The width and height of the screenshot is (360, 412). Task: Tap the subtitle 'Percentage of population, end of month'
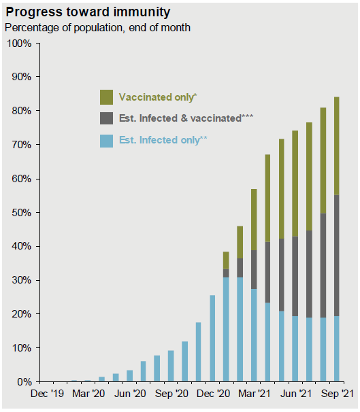(97, 28)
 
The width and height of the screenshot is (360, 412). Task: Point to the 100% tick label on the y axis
(19, 44)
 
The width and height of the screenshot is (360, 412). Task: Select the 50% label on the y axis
(22, 213)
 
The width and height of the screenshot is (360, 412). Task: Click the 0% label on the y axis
(24, 382)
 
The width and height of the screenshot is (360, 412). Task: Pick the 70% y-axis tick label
(22, 145)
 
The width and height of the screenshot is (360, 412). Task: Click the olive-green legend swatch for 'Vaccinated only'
(106, 97)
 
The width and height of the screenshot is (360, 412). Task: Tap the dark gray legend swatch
(106, 118)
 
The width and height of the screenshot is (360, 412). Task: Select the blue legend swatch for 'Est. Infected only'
(106, 141)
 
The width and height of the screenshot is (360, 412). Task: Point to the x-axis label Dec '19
(47, 394)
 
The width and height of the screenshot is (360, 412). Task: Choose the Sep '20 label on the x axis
(171, 394)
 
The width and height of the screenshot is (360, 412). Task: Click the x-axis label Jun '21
(296, 394)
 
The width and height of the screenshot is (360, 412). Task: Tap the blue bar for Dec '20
(212, 338)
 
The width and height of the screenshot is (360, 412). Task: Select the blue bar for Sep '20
(171, 366)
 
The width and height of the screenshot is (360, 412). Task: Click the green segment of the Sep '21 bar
(336, 145)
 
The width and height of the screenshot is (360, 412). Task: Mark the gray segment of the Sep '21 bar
(336, 256)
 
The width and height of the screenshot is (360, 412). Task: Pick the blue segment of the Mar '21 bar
(254, 335)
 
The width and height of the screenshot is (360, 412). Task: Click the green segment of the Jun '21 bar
(295, 184)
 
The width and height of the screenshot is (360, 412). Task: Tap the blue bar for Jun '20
(130, 376)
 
